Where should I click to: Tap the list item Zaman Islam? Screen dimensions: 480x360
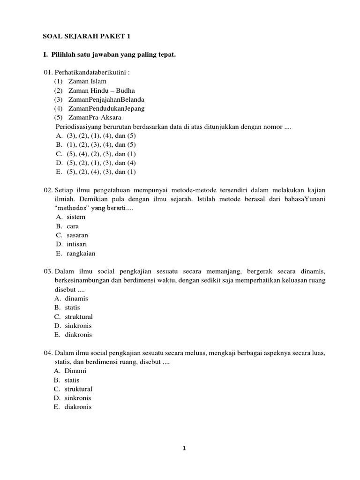[x=87, y=81]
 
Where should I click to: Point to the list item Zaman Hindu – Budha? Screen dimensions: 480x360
[x=101, y=90]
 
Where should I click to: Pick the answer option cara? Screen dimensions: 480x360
[x=73, y=226]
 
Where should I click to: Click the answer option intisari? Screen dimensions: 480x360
[x=76, y=244]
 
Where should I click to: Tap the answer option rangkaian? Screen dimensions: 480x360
[x=81, y=253]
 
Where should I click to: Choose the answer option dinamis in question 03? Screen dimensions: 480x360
[x=76, y=299]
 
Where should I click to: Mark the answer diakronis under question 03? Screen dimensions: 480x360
[x=78, y=335]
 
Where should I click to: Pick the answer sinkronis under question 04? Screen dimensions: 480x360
[x=78, y=398]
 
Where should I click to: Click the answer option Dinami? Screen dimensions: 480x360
[x=75, y=371]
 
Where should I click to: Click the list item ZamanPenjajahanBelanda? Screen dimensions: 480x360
[x=106, y=99]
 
